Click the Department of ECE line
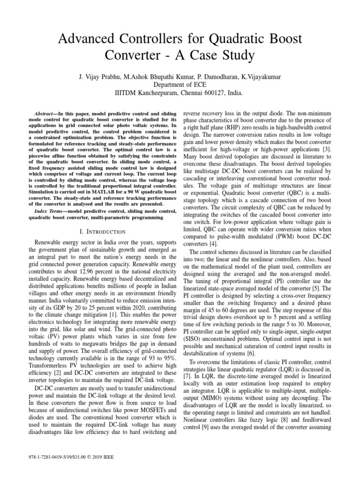pos(180,84)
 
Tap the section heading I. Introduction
pos(100,232)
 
